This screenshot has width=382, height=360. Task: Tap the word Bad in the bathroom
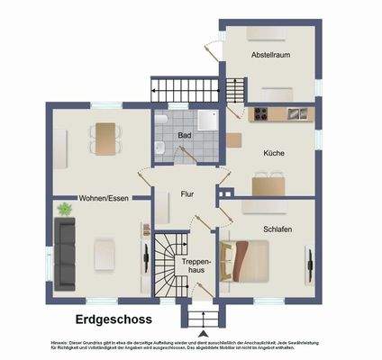pyautogui.click(x=185, y=136)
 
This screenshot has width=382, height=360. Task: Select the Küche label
pyautogui.click(x=274, y=154)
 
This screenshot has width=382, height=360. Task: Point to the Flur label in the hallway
pyautogui.click(x=187, y=193)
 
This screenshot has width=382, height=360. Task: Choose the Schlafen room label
pyautogui.click(x=278, y=230)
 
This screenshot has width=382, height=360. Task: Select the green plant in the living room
pyautogui.click(x=64, y=210)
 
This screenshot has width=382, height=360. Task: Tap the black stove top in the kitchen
pyautogui.click(x=262, y=114)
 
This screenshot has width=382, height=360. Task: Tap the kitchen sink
pyautogui.click(x=296, y=114)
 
